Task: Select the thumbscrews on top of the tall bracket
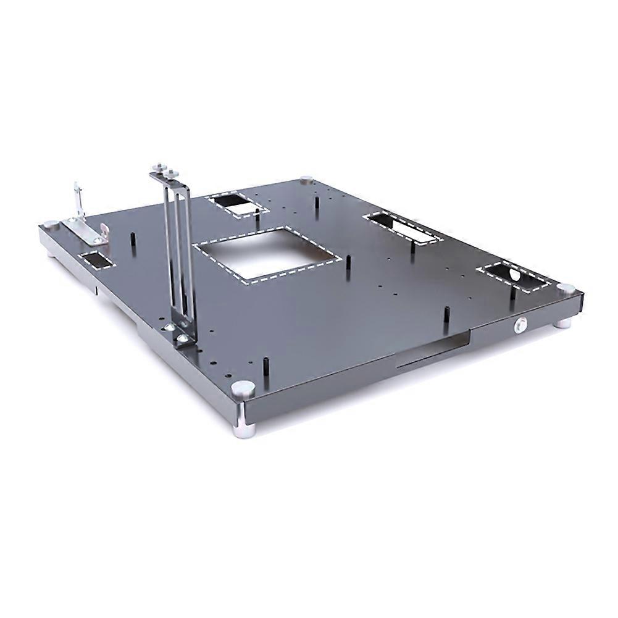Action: click(165, 168)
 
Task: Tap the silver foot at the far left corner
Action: click(51, 225)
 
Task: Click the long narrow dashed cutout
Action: click(403, 228)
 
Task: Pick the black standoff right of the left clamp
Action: click(132, 239)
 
